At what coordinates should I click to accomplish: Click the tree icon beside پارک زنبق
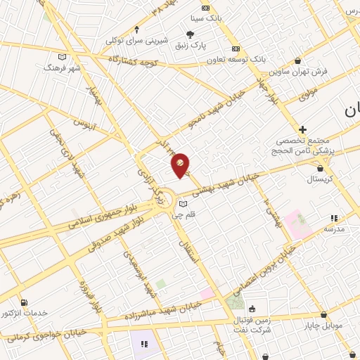point(190,34)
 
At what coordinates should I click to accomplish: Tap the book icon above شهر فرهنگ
point(63,57)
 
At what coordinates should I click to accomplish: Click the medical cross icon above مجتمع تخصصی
point(302,129)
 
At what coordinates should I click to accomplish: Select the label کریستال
point(321,179)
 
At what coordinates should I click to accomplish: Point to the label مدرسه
point(333,229)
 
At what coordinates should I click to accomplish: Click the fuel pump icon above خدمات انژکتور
point(25,302)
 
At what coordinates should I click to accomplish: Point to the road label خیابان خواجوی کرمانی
point(46,335)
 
